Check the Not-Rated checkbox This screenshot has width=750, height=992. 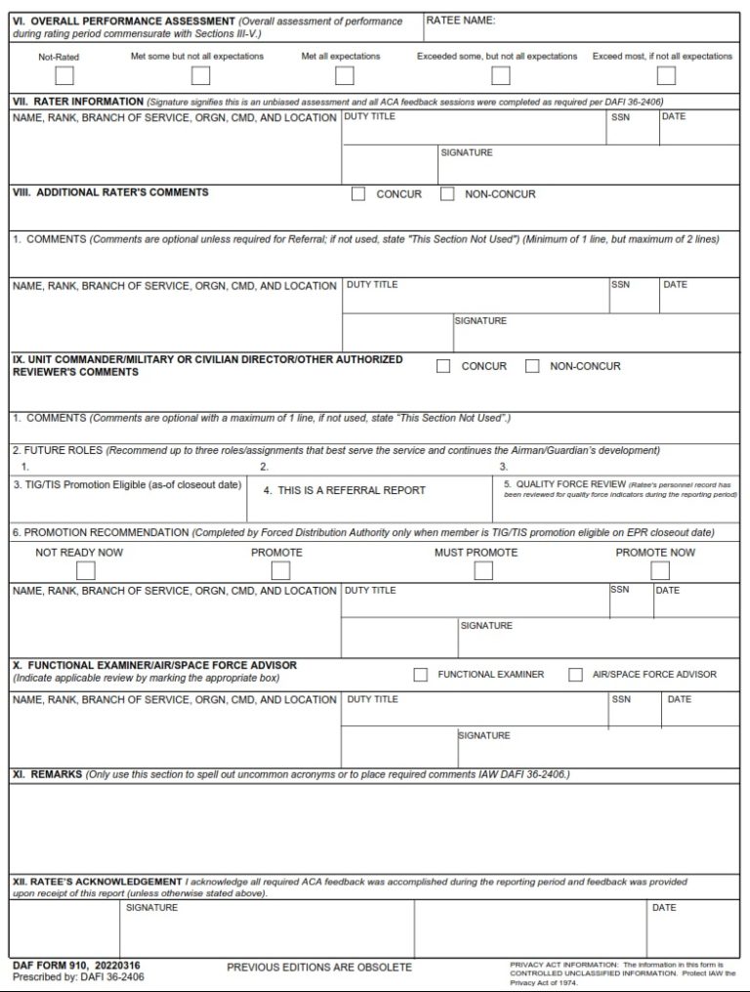(x=64, y=75)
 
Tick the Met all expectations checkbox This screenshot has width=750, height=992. (x=344, y=75)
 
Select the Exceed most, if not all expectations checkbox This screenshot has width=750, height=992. (x=666, y=75)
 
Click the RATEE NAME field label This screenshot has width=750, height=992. (x=461, y=21)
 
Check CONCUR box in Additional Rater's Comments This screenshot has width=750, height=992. (x=358, y=193)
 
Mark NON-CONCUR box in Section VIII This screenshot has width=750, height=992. (x=447, y=193)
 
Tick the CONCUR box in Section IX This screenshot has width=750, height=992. (x=443, y=366)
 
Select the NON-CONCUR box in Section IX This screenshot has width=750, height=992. (x=532, y=366)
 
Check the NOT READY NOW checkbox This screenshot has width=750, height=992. (x=86, y=571)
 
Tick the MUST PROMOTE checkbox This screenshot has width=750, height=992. (x=483, y=571)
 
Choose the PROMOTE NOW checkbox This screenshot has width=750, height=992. (x=660, y=571)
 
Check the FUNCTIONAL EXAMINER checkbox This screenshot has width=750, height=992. (x=421, y=674)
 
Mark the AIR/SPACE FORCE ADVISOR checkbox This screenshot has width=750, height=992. (x=576, y=674)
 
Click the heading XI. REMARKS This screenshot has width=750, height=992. (x=47, y=774)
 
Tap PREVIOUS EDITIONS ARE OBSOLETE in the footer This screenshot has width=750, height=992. (x=319, y=968)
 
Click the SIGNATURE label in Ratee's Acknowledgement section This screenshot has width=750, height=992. (x=151, y=908)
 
